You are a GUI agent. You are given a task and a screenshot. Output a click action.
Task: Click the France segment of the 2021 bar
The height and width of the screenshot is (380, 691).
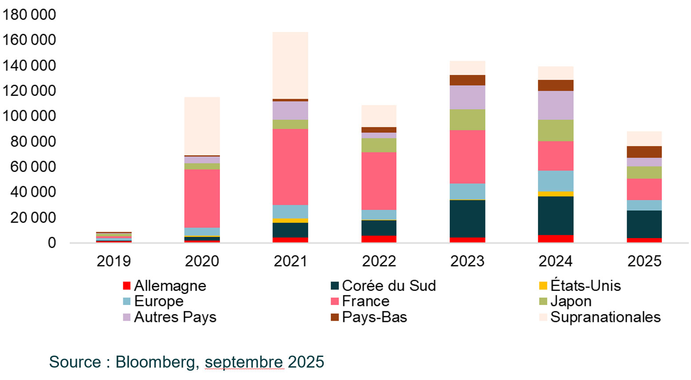pyautogui.click(x=291, y=167)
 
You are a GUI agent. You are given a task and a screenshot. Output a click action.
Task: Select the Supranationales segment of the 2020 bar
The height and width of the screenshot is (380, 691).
pyautogui.click(x=202, y=126)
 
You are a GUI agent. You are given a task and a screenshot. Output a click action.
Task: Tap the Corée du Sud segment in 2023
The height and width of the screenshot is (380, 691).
pyautogui.click(x=467, y=219)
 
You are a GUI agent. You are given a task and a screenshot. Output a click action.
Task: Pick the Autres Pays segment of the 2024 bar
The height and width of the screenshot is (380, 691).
pyautogui.click(x=555, y=105)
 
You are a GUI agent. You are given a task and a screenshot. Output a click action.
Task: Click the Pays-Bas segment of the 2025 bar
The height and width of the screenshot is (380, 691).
pyautogui.click(x=644, y=152)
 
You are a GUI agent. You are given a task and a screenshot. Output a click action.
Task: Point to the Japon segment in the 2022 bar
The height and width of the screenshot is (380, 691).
pyautogui.click(x=379, y=145)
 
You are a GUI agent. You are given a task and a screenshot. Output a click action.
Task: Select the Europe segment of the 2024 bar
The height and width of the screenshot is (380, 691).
pyautogui.click(x=555, y=181)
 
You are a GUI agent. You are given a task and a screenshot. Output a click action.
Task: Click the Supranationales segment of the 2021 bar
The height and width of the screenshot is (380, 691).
pyautogui.click(x=291, y=65)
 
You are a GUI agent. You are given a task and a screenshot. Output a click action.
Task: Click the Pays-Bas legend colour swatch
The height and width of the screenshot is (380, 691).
pyautogui.click(x=335, y=317)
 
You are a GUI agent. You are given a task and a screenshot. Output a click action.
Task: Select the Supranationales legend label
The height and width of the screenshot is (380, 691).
pyautogui.click(x=605, y=317)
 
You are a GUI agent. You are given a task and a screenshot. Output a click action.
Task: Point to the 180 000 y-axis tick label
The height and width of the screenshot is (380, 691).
pyautogui.click(x=29, y=15)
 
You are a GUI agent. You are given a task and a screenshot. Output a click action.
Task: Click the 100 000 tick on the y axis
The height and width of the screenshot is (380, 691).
pyautogui.click(x=29, y=116)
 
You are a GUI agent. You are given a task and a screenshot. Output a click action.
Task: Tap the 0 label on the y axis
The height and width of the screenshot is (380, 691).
pyautogui.click(x=52, y=243)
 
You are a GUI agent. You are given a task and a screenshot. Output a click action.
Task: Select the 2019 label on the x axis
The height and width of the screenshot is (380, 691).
pyautogui.click(x=114, y=261)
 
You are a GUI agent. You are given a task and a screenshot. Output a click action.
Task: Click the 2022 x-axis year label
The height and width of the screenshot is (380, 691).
pyautogui.click(x=379, y=261)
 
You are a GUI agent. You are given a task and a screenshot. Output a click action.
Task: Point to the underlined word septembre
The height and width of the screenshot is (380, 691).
pyautogui.click(x=243, y=362)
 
